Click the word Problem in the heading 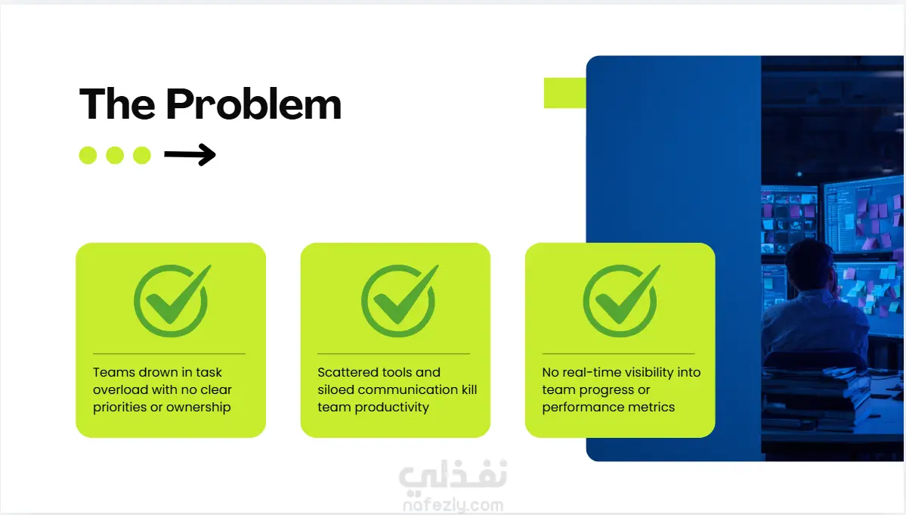(x=253, y=104)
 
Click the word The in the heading (x=117, y=104)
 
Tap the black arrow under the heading (x=190, y=154)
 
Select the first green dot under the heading (x=88, y=155)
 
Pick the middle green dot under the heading (x=115, y=155)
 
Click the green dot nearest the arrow (x=141, y=155)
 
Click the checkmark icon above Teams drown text (x=172, y=300)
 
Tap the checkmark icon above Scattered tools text (x=400, y=300)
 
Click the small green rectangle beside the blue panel (x=564, y=93)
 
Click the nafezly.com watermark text (x=453, y=505)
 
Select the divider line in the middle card (x=394, y=353)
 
